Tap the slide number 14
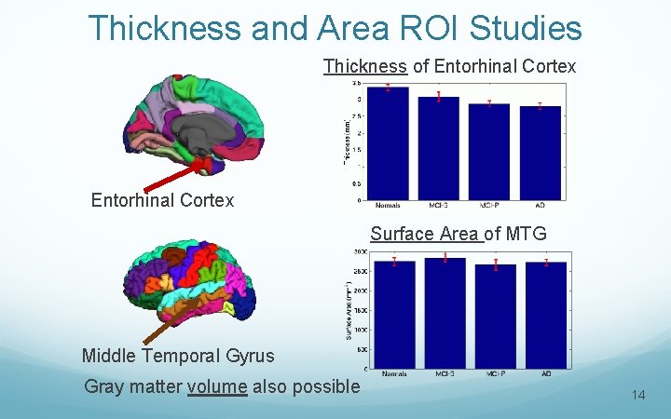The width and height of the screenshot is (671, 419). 638,396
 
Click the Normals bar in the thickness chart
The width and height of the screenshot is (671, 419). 388,144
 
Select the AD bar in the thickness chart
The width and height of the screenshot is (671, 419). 540,154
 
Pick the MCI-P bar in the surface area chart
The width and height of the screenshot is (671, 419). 495,317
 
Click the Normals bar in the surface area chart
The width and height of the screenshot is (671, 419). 394,315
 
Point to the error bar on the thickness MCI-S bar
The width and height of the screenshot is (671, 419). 439,97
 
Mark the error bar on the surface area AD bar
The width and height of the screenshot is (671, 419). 546,263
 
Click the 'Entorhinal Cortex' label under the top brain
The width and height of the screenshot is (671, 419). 162,200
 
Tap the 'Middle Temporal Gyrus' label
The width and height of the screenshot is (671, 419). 178,356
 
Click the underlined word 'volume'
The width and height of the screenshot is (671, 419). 217,386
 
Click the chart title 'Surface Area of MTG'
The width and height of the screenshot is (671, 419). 458,234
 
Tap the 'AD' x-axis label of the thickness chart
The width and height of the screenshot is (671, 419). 540,205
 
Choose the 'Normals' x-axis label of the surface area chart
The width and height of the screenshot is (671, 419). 394,373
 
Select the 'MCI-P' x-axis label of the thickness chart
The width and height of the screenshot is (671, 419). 489,205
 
